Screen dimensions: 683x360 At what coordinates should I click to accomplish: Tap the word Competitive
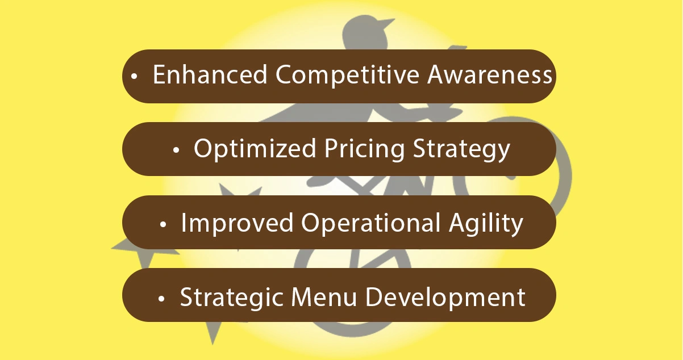click(x=347, y=76)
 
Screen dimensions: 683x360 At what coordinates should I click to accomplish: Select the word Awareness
click(x=490, y=74)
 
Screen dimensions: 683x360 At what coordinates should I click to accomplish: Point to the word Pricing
click(x=364, y=149)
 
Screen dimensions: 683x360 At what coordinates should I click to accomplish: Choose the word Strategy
click(x=461, y=149)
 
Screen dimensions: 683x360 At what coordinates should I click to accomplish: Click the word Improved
click(x=237, y=223)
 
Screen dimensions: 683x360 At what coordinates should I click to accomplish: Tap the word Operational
click(x=371, y=223)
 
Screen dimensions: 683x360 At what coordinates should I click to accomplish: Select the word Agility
click(x=486, y=223)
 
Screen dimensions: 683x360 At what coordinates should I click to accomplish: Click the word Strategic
click(x=231, y=297)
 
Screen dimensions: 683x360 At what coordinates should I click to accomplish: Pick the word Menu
click(x=324, y=297)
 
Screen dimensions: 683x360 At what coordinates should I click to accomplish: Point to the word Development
click(x=445, y=298)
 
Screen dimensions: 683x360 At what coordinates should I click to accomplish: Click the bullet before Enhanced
click(x=134, y=76)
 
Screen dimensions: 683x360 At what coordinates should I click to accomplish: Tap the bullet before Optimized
click(x=176, y=150)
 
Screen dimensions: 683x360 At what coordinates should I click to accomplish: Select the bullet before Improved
click(x=163, y=225)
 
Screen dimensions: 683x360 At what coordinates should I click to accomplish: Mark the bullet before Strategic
click(x=161, y=299)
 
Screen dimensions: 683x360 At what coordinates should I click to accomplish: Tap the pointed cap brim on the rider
click(x=386, y=23)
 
